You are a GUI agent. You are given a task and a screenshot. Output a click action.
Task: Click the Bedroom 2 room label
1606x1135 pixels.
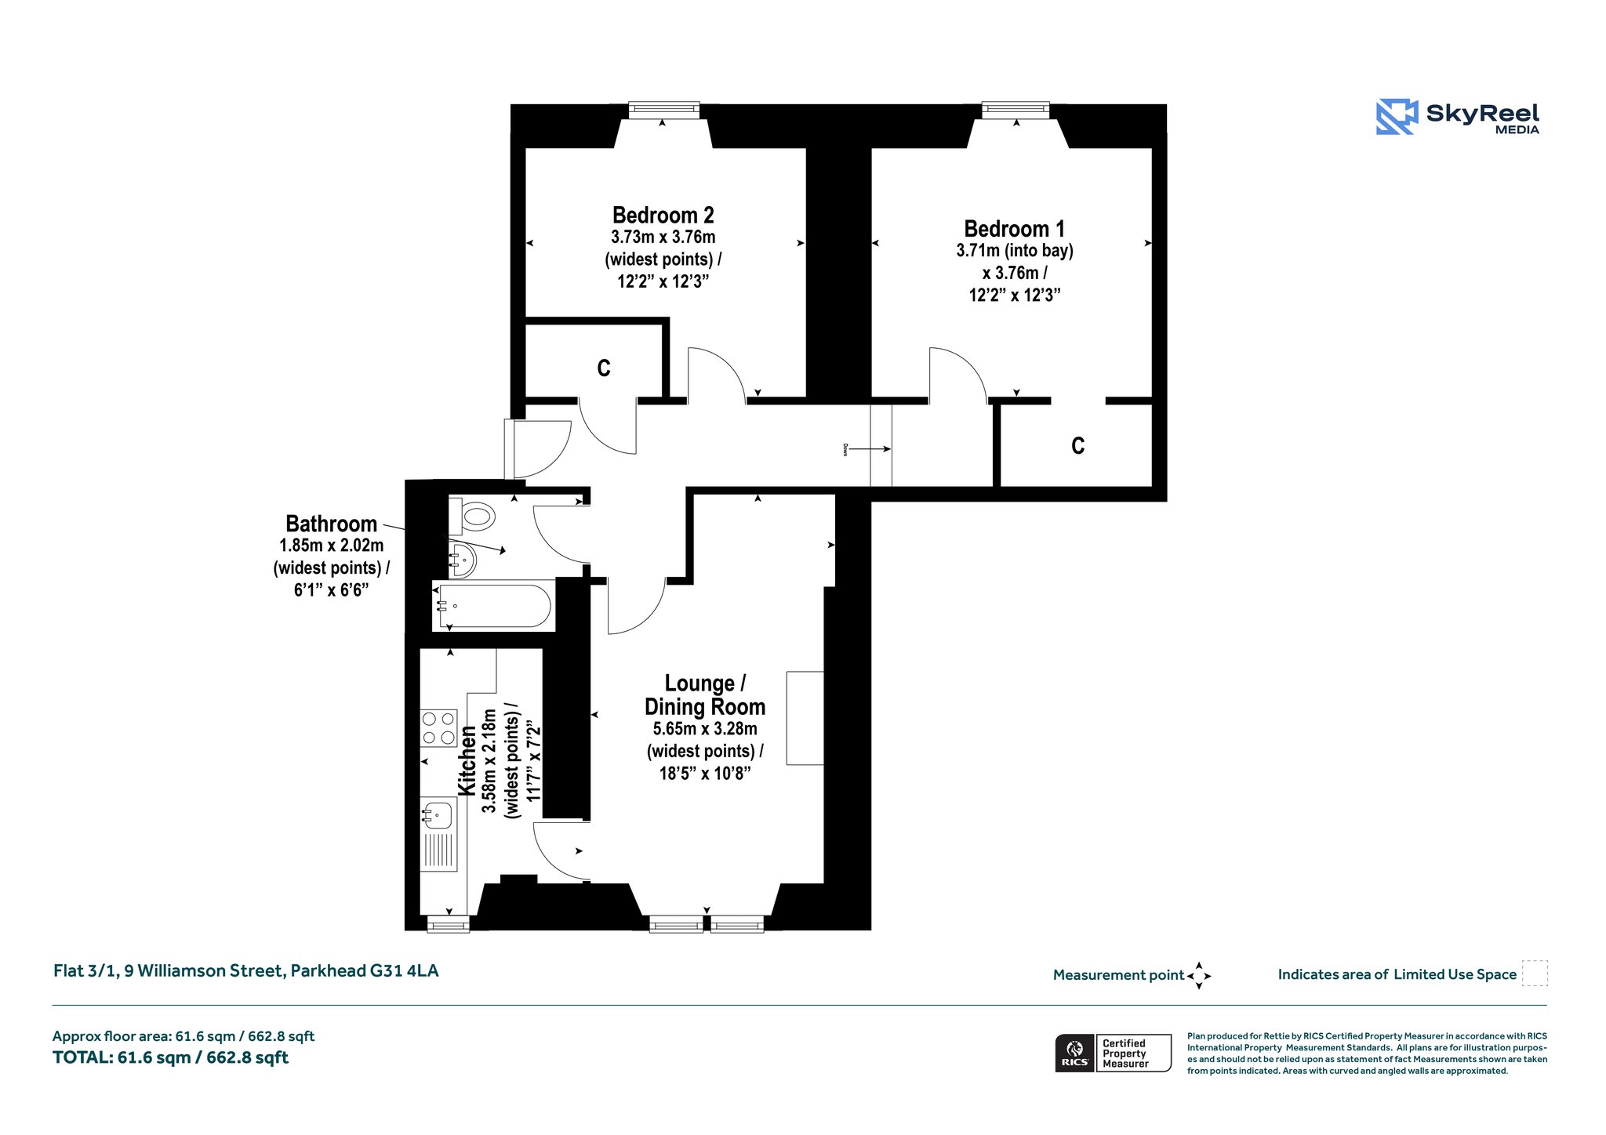point(663,215)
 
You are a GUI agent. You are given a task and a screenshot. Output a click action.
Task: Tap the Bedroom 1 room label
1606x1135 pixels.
point(1014,229)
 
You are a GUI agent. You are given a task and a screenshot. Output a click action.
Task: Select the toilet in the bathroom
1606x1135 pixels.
point(472,515)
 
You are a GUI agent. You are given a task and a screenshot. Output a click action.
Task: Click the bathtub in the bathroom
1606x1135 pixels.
point(492,606)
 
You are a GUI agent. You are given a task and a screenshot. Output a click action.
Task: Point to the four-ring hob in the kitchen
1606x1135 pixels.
point(438,727)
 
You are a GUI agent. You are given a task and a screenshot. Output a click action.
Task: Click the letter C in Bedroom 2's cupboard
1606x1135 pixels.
point(603,368)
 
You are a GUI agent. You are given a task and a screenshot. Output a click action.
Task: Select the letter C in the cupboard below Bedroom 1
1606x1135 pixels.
point(1077,446)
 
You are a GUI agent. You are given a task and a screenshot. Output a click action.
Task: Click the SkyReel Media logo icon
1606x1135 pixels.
point(1397,117)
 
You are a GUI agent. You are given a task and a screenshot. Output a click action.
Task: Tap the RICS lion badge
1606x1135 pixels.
point(1075,1053)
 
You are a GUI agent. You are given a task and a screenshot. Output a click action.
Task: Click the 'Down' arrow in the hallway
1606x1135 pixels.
point(869,449)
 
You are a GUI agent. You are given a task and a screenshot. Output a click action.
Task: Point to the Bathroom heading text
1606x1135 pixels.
point(331,524)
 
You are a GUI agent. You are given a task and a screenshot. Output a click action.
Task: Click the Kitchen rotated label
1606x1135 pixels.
point(467,761)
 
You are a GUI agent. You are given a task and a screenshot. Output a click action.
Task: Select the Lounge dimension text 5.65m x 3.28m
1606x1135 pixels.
point(705,729)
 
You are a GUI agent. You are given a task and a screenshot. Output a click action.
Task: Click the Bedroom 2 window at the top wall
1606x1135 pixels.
point(663,110)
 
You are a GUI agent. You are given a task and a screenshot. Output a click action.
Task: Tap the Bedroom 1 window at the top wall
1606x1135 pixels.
point(1016,110)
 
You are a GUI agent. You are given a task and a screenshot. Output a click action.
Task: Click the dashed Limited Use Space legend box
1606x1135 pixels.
point(1535,974)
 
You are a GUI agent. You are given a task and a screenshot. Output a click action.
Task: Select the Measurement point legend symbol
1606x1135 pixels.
point(1199,976)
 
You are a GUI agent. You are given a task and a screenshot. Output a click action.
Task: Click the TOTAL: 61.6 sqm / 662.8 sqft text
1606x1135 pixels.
point(170,1057)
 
